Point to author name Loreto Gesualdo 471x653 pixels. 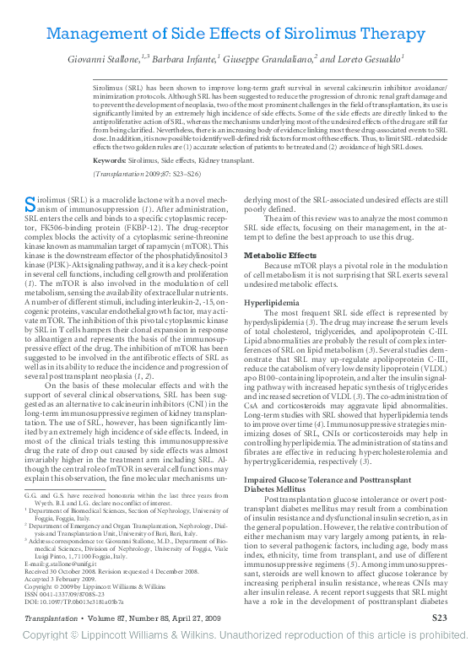tap(363, 60)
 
